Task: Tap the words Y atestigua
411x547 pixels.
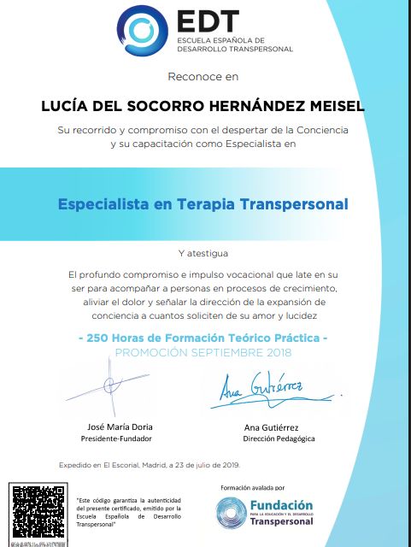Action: click(x=204, y=254)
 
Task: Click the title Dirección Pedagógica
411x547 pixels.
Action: click(x=279, y=438)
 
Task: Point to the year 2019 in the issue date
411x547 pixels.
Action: click(x=229, y=465)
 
